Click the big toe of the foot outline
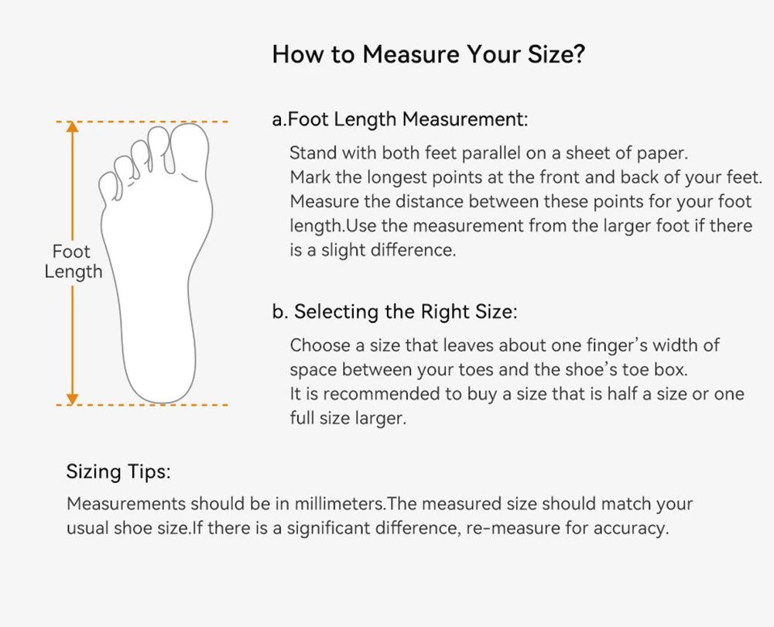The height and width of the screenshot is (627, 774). click(190, 151)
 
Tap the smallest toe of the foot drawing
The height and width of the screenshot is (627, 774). click(110, 186)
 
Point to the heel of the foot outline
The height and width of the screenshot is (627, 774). click(160, 382)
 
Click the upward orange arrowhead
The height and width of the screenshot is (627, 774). click(73, 127)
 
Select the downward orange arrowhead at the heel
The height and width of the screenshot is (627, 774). click(73, 399)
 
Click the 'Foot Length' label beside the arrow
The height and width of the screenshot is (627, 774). click(73, 262)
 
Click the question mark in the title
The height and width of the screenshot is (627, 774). click(578, 54)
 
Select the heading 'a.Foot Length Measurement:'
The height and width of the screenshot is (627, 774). click(400, 119)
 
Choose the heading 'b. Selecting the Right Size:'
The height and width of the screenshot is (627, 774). click(395, 312)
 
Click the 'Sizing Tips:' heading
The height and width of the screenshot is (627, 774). click(118, 471)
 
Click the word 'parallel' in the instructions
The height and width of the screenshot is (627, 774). click(491, 153)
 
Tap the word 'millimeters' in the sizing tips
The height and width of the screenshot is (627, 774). click(339, 504)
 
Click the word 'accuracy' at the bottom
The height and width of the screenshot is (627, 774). click(632, 529)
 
